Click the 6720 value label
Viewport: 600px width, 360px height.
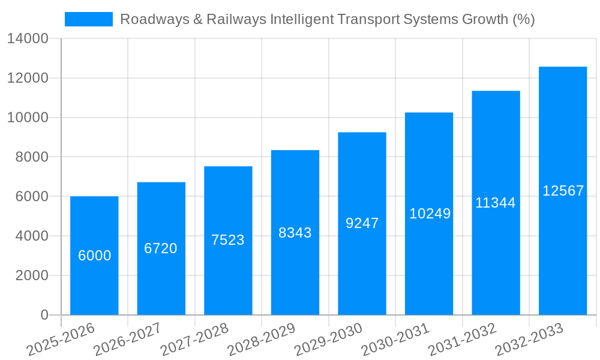pos(161,248)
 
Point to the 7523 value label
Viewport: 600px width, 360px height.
pos(228,240)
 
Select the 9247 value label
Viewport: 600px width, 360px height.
pos(362,223)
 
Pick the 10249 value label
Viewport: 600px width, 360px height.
pos(430,214)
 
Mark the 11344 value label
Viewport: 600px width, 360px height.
pos(496,203)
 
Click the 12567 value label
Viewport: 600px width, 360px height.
pos(563,191)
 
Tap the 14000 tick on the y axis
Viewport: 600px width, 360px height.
pos(28,39)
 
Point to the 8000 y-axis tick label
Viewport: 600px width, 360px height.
pos(32,157)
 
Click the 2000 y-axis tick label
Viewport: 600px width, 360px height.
pos(32,275)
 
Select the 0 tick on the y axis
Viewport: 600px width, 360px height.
pos(44,315)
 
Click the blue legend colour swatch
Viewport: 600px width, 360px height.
pos(88,19)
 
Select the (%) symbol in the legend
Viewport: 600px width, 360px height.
pos(524,19)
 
